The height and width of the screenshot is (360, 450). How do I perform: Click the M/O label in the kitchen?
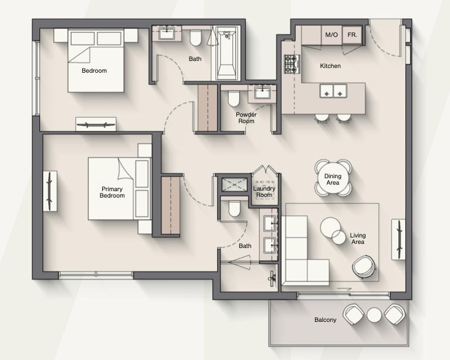pos(331,35)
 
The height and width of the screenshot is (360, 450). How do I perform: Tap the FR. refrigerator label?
pos(352,35)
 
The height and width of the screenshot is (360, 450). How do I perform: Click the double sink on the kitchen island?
pos(333,91)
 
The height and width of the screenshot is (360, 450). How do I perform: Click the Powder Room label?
pos(246,118)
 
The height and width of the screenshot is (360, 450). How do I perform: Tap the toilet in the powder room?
pos(234,99)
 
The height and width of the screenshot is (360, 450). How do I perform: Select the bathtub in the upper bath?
pos(226,53)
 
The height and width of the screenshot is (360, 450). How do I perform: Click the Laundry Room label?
pos(264,192)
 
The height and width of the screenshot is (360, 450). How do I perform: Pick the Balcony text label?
pos(325,320)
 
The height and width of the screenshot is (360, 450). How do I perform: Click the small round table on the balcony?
pos(374,315)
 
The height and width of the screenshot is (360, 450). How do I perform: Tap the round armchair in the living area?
pos(364,267)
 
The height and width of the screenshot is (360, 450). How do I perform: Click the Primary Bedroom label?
pos(112,192)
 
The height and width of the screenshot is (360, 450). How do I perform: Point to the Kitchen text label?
pos(330,66)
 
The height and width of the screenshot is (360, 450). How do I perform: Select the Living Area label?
pos(357,239)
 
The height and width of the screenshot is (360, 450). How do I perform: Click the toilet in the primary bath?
pos(234,209)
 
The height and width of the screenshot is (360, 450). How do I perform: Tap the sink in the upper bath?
pos(166,33)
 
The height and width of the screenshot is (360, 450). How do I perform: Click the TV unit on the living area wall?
pos(398,240)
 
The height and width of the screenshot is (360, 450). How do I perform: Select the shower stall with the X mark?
pos(234,185)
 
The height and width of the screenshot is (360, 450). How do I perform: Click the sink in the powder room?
pos(262,93)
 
